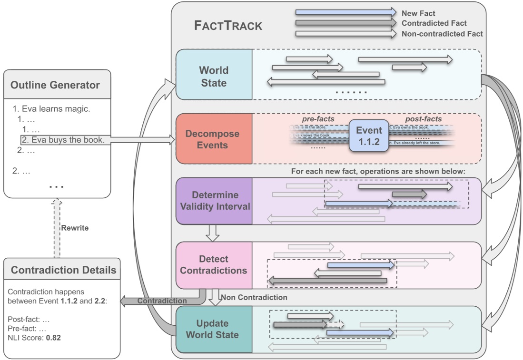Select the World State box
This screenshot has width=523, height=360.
(x=214, y=76)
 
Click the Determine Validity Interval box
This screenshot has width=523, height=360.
(x=213, y=201)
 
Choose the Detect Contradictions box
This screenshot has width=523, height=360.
(x=214, y=265)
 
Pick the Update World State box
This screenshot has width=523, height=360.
(x=213, y=329)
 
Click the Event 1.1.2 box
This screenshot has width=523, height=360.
(x=369, y=136)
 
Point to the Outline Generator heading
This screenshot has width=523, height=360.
(x=55, y=86)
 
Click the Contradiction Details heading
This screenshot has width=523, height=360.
(x=63, y=270)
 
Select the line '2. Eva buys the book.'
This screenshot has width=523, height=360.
(x=64, y=140)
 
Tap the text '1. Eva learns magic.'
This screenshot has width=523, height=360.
(x=51, y=109)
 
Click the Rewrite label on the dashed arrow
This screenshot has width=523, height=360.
(x=75, y=228)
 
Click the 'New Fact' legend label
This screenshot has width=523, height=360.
(x=418, y=13)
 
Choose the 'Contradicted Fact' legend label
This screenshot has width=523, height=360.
(x=434, y=23)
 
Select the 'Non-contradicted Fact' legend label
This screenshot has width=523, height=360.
(x=442, y=34)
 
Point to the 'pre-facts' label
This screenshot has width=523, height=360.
(x=318, y=119)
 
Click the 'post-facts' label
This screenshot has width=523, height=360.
(x=423, y=119)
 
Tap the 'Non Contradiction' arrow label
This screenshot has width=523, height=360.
(x=255, y=298)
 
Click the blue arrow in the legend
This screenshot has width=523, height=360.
(x=345, y=12)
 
